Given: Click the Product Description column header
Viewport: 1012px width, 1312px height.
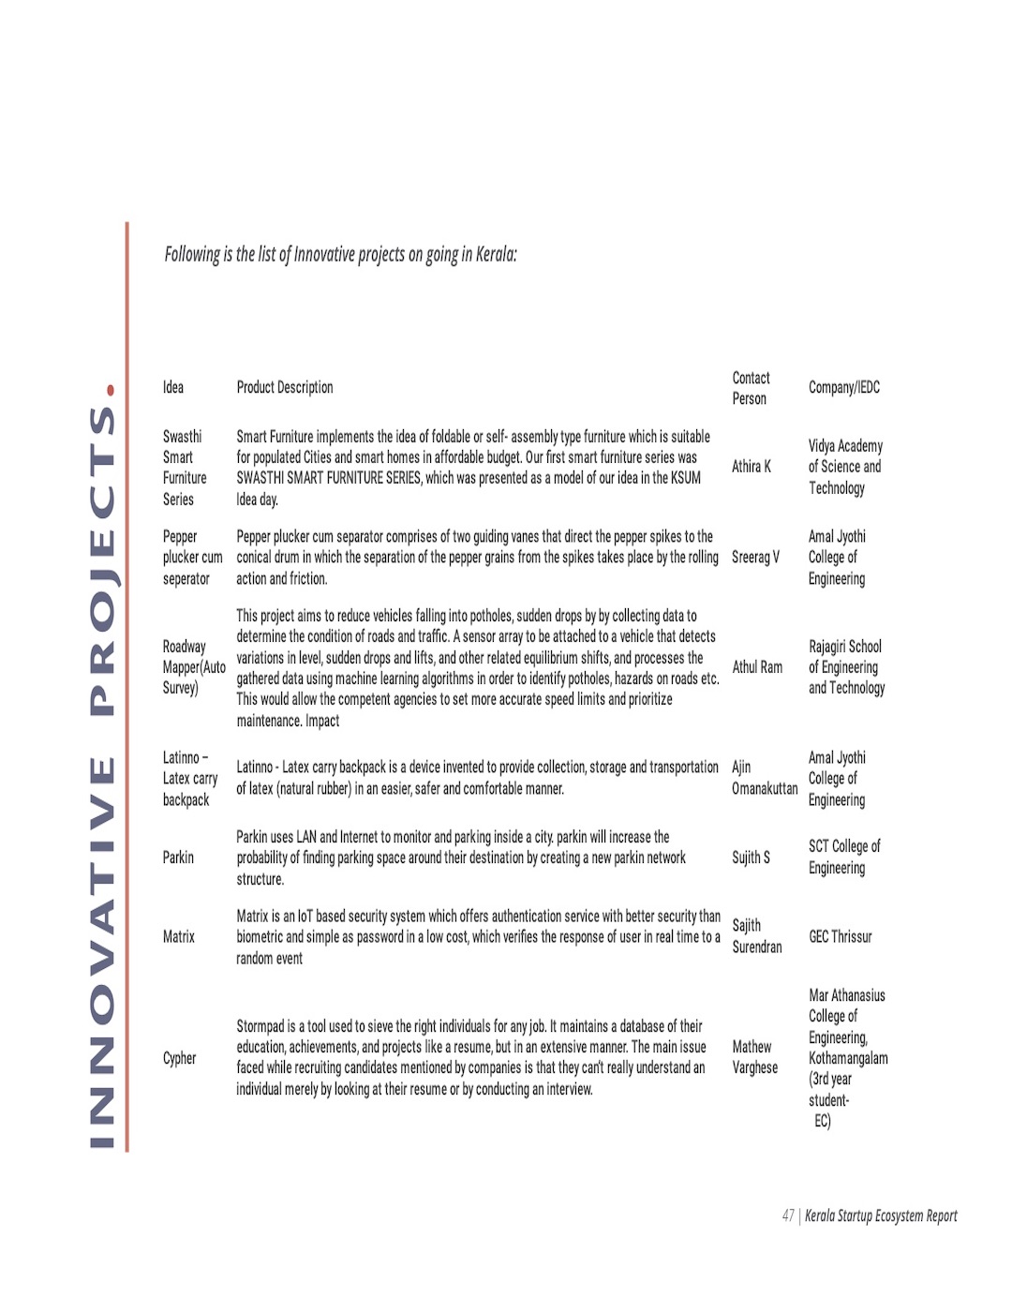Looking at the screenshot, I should tap(285, 387).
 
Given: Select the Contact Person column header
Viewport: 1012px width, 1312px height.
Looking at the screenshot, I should tap(751, 388).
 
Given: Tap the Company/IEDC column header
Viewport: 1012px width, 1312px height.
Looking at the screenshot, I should tap(844, 387).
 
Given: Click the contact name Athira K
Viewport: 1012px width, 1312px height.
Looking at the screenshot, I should tap(752, 466).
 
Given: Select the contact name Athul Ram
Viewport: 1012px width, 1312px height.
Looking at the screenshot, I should tap(757, 666).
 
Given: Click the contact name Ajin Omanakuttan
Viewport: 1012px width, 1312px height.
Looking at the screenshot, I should tap(764, 778).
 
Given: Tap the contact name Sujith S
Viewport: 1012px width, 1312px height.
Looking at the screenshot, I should tap(751, 857).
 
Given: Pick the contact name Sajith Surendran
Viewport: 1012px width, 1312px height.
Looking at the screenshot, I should tap(756, 936).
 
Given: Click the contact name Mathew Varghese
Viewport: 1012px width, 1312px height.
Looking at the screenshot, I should tap(754, 1056).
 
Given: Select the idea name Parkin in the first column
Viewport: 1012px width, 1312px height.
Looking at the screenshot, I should tap(178, 857).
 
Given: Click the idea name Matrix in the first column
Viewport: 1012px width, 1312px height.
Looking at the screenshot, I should tap(179, 936).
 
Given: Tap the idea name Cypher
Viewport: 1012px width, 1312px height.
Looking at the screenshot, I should tap(179, 1058).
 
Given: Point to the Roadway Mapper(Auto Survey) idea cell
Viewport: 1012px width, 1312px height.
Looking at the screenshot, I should tap(194, 666).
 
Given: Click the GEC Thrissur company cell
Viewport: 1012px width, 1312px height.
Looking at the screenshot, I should tap(841, 936).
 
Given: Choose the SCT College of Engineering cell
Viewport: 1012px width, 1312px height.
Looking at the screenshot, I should tap(844, 857).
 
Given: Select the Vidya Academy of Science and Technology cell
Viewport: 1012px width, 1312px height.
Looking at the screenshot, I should tap(845, 467).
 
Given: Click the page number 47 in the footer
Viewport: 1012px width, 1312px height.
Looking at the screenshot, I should tap(788, 1215).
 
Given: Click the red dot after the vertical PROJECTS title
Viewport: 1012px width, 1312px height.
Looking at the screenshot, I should tap(111, 390).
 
